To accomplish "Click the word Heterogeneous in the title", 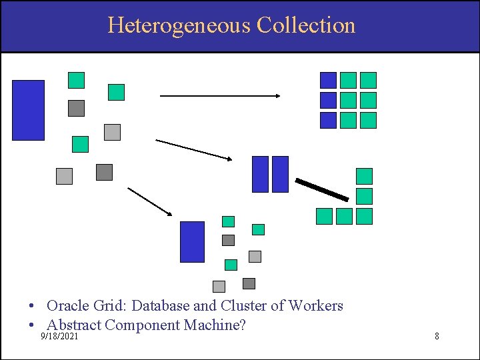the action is (x=179, y=25).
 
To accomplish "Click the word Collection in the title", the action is (x=306, y=25).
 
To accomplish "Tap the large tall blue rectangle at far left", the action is (x=28, y=110).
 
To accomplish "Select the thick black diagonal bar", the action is (x=322, y=190).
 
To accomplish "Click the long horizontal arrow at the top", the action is (x=220, y=96).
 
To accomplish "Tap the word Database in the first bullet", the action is (x=160, y=306).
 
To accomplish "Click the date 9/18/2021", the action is (x=59, y=337).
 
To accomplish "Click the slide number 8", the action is (x=437, y=336).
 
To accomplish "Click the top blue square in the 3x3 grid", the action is (x=328, y=80).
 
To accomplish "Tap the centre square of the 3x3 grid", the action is (x=348, y=100).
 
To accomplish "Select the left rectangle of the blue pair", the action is (x=260, y=174).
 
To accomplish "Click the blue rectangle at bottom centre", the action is (x=193, y=242).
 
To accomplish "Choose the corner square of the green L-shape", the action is (x=364, y=216).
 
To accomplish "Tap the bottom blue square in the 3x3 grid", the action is (x=328, y=120).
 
